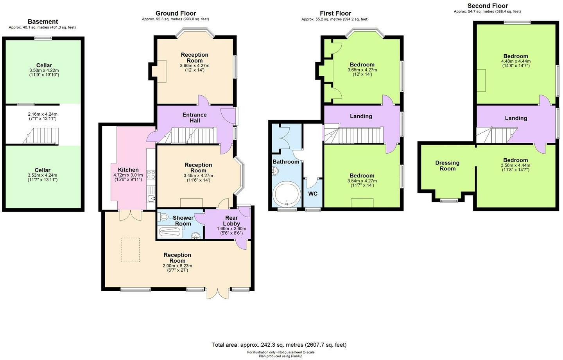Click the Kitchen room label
click(x=128, y=170)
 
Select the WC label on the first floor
click(x=313, y=194)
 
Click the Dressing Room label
click(x=447, y=166)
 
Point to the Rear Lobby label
click(x=231, y=220)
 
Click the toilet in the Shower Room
click(x=163, y=216)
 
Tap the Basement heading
click(x=43, y=21)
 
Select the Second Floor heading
click(x=487, y=6)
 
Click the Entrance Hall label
click(x=195, y=118)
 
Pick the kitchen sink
click(x=151, y=199)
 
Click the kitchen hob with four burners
click(x=151, y=175)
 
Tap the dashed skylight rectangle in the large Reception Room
click(x=131, y=250)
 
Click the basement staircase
click(x=41, y=136)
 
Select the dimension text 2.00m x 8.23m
click(x=178, y=266)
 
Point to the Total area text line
click(x=279, y=345)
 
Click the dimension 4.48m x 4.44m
click(x=516, y=61)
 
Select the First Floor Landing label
click(x=361, y=116)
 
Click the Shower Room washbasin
click(x=196, y=235)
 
